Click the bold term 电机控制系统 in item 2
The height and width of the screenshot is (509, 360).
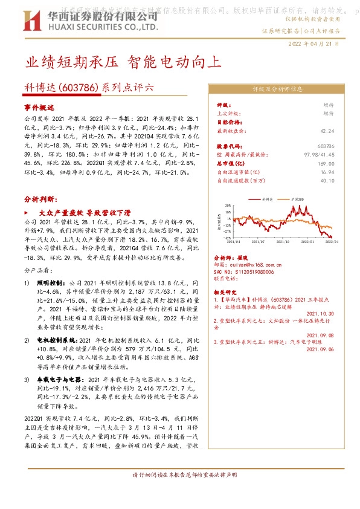[54, 341]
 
